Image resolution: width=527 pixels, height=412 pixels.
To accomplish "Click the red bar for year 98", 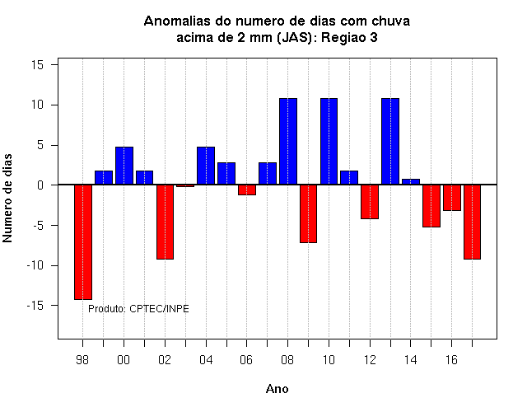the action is (x=83, y=241).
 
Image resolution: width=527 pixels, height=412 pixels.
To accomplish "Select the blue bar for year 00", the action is (x=124, y=166).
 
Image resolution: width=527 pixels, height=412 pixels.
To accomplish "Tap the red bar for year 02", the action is (x=165, y=222).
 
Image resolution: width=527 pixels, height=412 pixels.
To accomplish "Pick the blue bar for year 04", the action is (x=206, y=166).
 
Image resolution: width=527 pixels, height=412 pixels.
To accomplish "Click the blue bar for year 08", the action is (x=288, y=141).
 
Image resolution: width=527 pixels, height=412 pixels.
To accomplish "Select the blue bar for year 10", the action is (x=329, y=141).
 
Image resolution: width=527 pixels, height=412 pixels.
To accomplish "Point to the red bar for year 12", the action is (x=370, y=201).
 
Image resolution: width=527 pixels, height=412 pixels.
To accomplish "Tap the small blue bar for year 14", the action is (x=411, y=181).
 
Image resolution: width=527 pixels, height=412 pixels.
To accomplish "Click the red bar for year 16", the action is (x=452, y=198).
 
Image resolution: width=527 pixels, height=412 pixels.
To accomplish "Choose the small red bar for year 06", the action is (x=247, y=190).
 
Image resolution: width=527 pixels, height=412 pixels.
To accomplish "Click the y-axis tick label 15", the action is (x=38, y=64).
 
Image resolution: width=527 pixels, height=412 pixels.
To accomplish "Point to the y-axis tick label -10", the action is (x=35, y=265).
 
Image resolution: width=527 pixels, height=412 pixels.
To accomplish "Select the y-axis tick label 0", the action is (x=40, y=185).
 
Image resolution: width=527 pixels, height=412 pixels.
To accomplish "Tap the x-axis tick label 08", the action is (x=287, y=360).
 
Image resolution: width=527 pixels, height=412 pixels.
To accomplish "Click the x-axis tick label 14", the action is (x=410, y=360).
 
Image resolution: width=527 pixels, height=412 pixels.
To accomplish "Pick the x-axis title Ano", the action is (x=277, y=389).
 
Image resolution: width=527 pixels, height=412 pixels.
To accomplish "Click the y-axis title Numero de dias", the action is (x=7, y=198).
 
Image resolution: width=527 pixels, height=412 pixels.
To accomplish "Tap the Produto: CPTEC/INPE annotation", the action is (x=138, y=308).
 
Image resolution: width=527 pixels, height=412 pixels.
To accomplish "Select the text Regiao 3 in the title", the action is (x=349, y=38).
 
